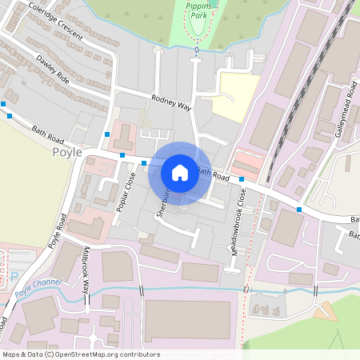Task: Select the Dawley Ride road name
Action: pos(53,71)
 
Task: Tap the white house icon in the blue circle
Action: pos(180,173)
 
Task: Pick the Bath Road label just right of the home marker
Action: pos(214,173)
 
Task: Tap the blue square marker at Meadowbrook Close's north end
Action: pos(241,179)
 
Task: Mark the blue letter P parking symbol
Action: pos(14,276)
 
